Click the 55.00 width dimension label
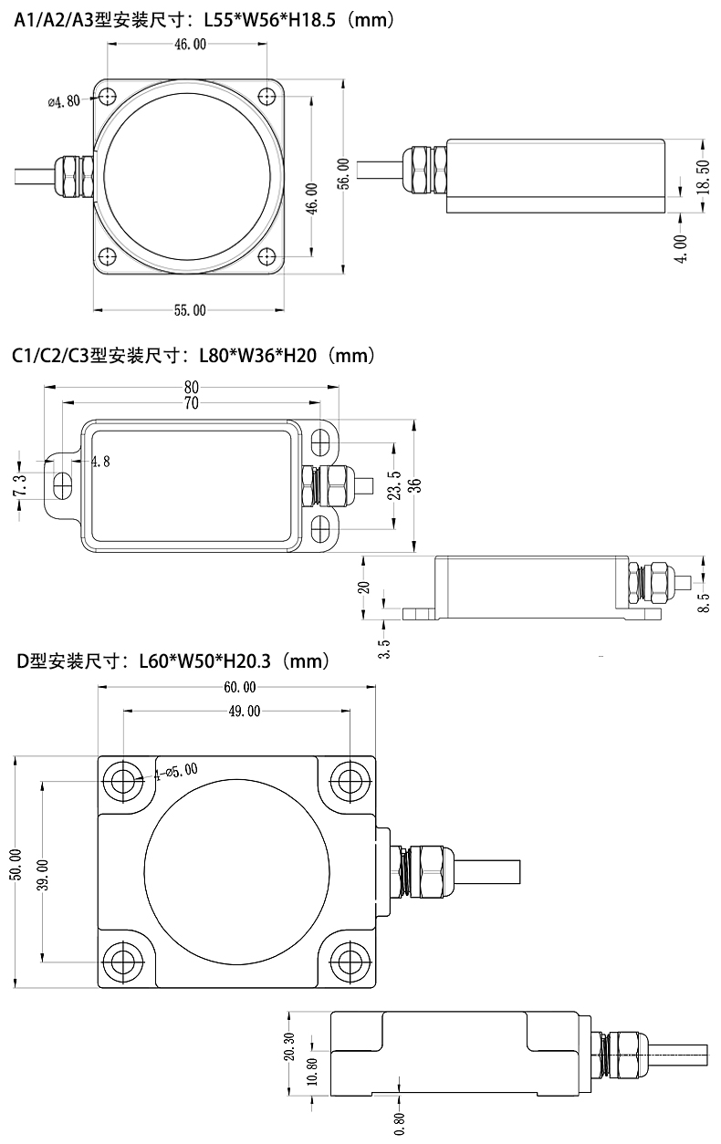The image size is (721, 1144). pyautogui.click(x=190, y=310)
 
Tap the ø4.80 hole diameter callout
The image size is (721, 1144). pyautogui.click(x=65, y=101)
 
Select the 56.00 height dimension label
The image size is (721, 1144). pyautogui.click(x=344, y=173)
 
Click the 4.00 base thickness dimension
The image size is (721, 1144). pyautogui.click(x=681, y=249)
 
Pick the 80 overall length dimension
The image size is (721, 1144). pyautogui.click(x=192, y=387)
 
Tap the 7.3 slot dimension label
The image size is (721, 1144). pyautogui.click(x=19, y=485)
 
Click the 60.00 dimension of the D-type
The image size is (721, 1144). pyautogui.click(x=240, y=688)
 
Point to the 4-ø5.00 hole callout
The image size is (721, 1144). pyautogui.click(x=176, y=770)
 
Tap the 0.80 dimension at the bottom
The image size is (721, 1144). pyautogui.click(x=400, y=1124)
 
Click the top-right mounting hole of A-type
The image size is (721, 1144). pyautogui.click(x=267, y=96)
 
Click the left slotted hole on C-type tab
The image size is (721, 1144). pyautogui.click(x=62, y=485)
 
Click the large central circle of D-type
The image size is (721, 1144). pyautogui.click(x=236, y=872)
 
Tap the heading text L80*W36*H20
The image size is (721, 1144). pyautogui.click(x=257, y=355)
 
